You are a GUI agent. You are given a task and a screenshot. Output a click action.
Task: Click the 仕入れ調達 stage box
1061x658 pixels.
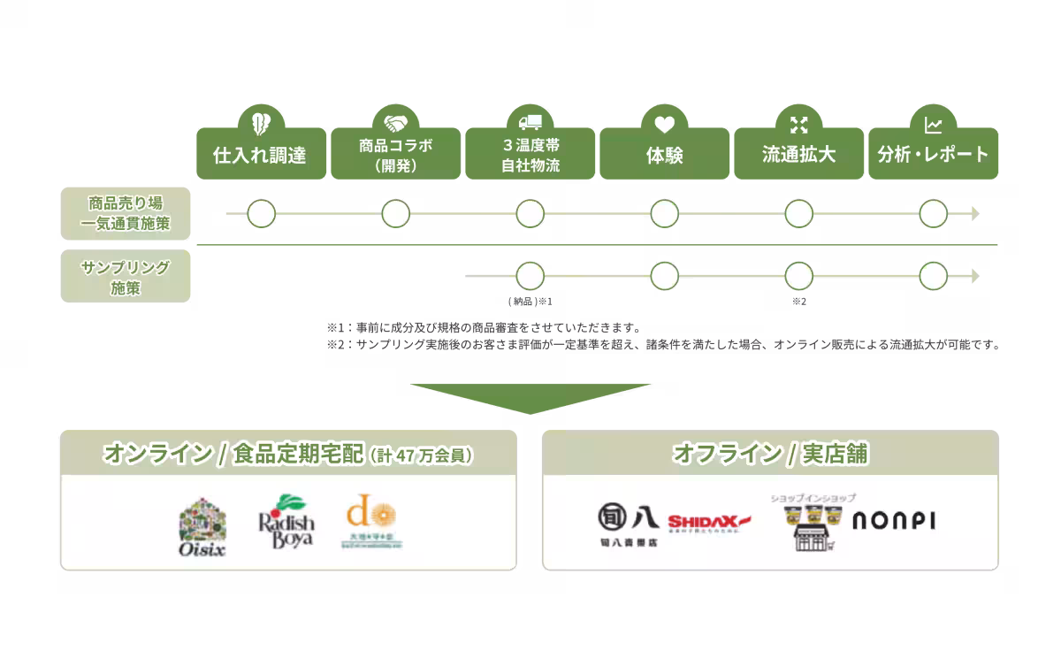[261, 155]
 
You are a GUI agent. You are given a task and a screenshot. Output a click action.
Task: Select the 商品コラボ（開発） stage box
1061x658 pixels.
[396, 155]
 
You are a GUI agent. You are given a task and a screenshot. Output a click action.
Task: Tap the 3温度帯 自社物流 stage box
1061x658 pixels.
[530, 155]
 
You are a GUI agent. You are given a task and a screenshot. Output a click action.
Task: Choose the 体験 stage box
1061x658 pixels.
[665, 155]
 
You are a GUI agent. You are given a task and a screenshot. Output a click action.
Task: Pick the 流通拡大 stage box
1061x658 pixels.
[799, 155]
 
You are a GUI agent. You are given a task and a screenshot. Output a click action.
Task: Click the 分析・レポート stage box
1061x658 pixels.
[933, 155]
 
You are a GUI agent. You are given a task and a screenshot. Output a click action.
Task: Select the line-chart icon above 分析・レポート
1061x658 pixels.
[933, 123]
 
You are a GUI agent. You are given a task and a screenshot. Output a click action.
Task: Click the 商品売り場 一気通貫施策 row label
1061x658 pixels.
[126, 213]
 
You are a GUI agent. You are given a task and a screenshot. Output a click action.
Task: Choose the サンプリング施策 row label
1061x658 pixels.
[126, 276]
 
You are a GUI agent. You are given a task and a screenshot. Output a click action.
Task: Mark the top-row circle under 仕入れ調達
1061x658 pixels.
[261, 213]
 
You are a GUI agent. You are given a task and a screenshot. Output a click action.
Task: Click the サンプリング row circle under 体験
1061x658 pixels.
[665, 276]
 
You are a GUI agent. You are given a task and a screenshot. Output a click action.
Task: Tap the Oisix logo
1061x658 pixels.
[202, 528]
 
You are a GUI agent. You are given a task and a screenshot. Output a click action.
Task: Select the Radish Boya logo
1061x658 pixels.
[286, 521]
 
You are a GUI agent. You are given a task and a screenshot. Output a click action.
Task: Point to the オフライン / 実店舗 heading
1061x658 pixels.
[770, 454]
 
